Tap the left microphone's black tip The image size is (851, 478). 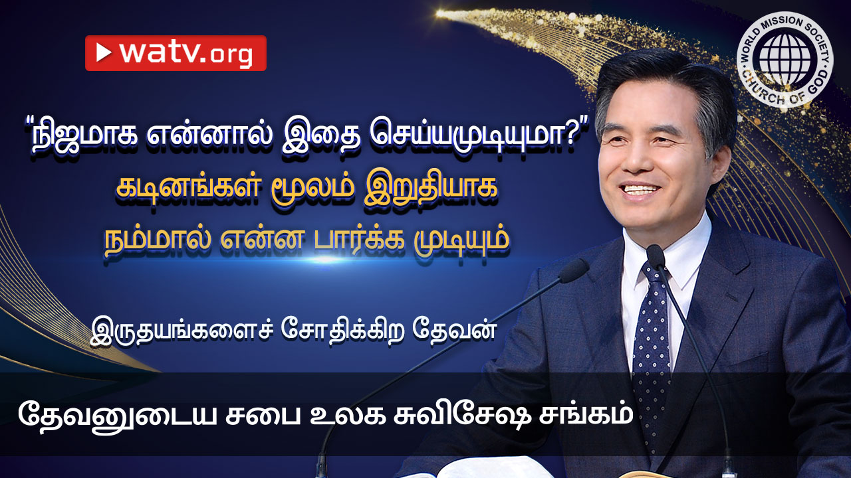coord(573,270)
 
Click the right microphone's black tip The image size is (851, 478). coord(656,256)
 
